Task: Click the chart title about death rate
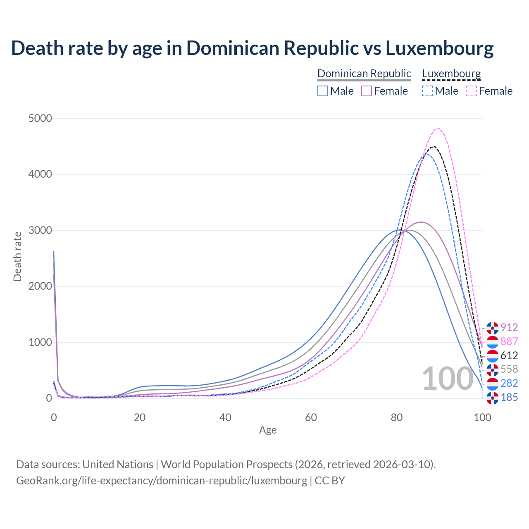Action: pos(252,48)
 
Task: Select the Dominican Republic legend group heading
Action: pos(364,74)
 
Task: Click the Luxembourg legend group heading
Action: pos(451,74)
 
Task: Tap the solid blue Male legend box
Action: pos(323,91)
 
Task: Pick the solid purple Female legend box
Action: pos(367,91)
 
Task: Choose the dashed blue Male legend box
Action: pos(427,91)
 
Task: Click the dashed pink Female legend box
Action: pos(472,91)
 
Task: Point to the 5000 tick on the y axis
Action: pos(40,119)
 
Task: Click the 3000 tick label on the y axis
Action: pos(40,231)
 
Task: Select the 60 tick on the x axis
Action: pos(311,417)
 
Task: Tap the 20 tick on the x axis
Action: pos(140,417)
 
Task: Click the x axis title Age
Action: pos(268,430)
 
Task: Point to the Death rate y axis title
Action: pos(17,256)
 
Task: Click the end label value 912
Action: pos(509,328)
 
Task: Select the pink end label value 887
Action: pos(509,342)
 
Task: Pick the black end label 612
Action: pos(509,355)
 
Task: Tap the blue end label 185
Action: pos(509,398)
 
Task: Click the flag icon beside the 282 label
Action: pos(492,384)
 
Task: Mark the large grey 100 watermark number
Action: pos(448,379)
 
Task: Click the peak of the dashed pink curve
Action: pos(438,129)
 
